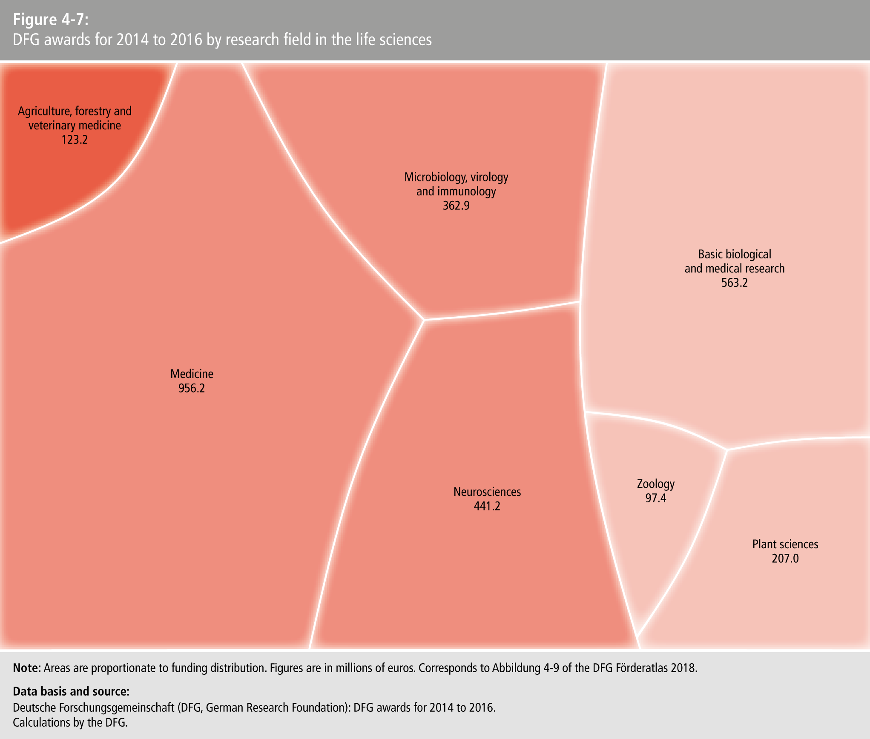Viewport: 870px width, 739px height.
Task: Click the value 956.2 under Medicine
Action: click(192, 388)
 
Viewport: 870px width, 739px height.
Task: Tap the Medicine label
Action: click(192, 374)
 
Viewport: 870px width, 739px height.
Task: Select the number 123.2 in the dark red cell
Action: click(75, 140)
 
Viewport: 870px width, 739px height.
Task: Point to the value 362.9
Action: click(456, 206)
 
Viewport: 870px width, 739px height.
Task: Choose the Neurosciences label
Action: click(487, 492)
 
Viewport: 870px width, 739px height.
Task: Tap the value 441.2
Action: click(487, 506)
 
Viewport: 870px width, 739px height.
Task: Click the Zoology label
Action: click(656, 484)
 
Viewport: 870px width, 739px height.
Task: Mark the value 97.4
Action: click(656, 498)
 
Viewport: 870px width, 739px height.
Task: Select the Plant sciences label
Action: click(785, 544)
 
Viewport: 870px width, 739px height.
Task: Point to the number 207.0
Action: click(785, 559)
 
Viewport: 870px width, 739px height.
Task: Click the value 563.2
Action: click(735, 283)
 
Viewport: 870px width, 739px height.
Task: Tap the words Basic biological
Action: click(735, 254)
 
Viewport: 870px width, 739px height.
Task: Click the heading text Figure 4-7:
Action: click(51, 20)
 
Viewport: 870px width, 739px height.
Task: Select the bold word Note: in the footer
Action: click(27, 667)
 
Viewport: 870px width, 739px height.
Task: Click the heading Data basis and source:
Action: click(71, 691)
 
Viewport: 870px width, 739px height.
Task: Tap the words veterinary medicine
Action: click(75, 126)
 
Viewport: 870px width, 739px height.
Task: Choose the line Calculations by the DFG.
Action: click(70, 722)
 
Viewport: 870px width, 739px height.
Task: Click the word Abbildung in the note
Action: click(516, 667)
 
